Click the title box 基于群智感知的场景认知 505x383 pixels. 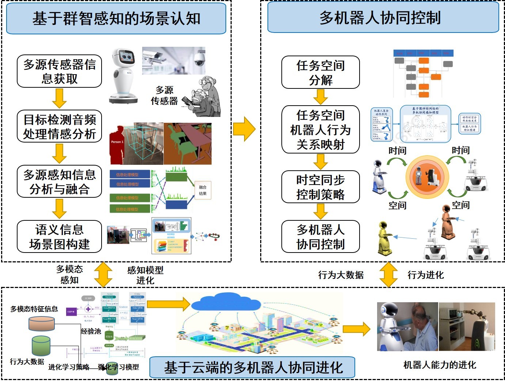pos(116,19)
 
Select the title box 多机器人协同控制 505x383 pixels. pos(383,18)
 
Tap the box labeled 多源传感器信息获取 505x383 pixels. pos(59,71)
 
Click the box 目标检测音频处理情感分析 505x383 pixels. pos(59,126)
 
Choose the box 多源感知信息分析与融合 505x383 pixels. pos(59,182)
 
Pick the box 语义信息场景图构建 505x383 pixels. pos(59,237)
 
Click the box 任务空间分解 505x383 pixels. pos(320,72)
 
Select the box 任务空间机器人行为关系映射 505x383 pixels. pos(320,130)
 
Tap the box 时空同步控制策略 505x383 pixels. pos(320,187)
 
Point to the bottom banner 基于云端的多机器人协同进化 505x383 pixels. pos(252,367)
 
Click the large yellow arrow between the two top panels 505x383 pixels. pos(244,129)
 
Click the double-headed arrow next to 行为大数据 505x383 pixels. pos(388,274)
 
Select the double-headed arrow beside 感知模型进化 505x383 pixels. pos(103,274)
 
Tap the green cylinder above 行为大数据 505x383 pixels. pos(41,346)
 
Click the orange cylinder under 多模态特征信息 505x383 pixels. pos(42,324)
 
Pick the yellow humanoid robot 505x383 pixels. pos(384,238)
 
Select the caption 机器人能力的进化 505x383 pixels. pos(440,365)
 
